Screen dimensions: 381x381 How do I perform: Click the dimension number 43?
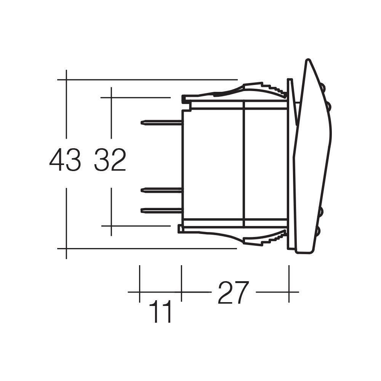point(65,160)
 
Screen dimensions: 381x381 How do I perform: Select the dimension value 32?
point(110,160)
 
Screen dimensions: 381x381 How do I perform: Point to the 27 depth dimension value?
point(233,293)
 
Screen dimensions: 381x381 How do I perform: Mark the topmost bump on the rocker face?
point(323,88)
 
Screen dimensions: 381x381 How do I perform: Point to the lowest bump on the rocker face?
point(318,230)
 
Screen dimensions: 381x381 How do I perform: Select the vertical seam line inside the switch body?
point(243,164)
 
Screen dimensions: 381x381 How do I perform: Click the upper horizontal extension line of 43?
point(149,80)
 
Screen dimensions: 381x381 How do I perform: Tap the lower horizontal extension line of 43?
point(149,248)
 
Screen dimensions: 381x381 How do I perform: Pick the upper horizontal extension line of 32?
point(137,98)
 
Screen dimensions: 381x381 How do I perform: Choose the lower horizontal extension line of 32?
point(137,226)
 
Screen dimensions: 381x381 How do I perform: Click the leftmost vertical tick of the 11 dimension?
point(140,284)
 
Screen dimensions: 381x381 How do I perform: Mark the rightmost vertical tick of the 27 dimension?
point(289,284)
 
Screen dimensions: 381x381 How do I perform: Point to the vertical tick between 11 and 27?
point(181,284)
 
